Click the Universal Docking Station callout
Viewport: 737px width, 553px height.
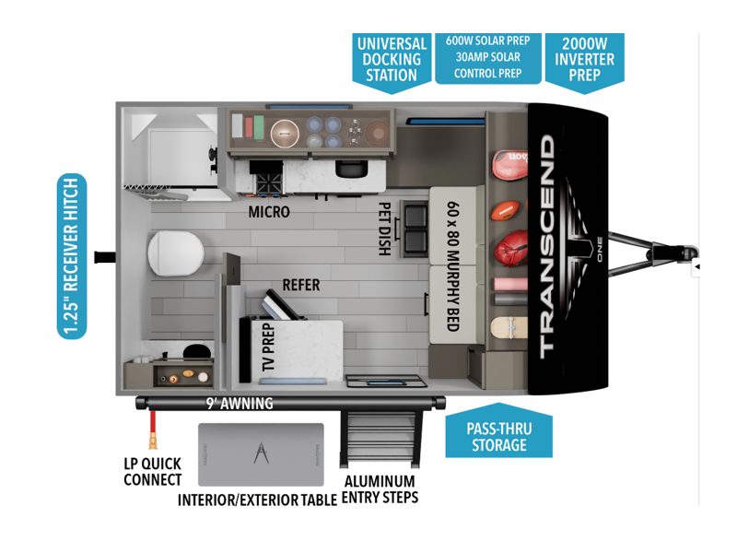click(392, 59)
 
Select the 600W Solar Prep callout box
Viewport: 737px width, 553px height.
click(488, 57)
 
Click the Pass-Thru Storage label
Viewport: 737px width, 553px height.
click(498, 437)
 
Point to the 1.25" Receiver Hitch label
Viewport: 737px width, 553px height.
click(71, 255)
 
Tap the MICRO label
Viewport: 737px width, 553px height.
click(269, 212)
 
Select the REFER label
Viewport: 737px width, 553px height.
click(301, 285)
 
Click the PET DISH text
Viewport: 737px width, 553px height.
click(384, 229)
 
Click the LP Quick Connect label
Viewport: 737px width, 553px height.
click(153, 471)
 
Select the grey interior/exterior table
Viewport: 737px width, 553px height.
click(262, 454)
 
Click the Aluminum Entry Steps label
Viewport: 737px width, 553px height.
click(380, 488)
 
